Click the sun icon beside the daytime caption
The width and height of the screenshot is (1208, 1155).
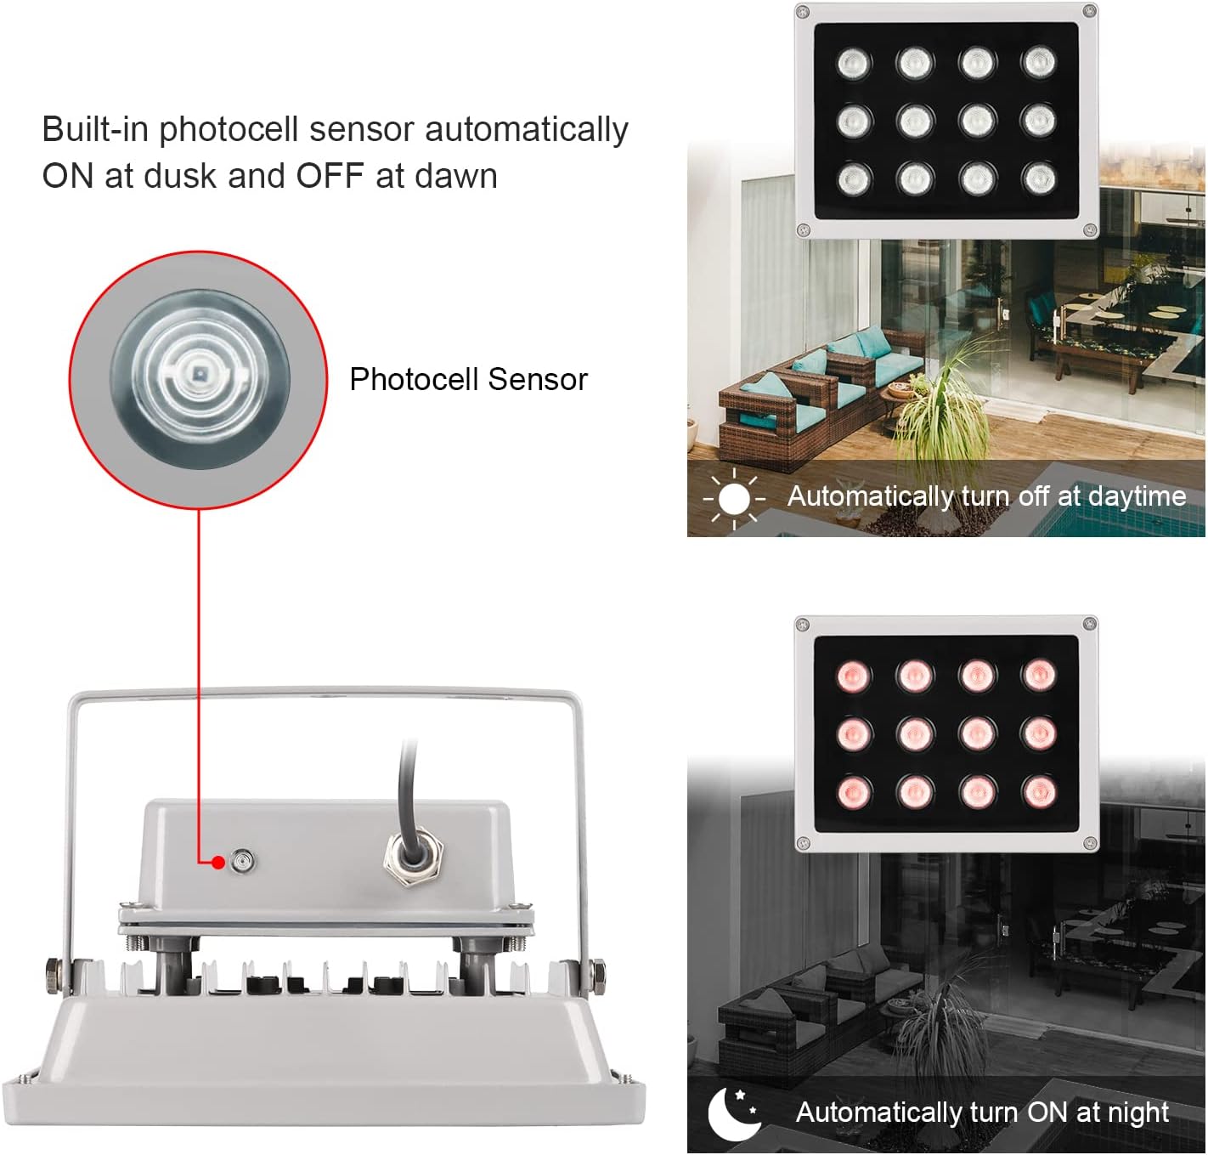[x=734, y=499]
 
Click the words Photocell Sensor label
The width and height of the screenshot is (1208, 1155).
[x=468, y=379]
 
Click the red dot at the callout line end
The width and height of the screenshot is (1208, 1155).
[x=218, y=863]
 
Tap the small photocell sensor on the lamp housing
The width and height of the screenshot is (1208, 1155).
[x=244, y=862]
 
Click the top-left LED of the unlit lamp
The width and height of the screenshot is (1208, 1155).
[x=854, y=63]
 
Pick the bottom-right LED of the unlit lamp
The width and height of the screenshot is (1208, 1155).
[x=1039, y=178]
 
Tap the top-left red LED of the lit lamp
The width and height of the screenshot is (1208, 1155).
[x=854, y=676]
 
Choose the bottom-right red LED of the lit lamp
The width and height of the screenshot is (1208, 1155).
[x=1039, y=792]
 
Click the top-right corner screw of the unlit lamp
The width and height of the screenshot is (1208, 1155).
[x=1088, y=12]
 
